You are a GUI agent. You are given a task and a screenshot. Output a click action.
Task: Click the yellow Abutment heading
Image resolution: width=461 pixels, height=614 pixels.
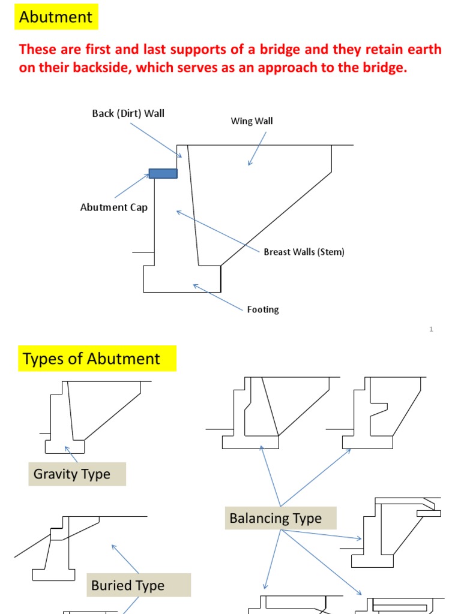click(56, 17)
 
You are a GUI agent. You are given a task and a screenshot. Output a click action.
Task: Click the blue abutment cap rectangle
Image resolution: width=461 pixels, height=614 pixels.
click(163, 173)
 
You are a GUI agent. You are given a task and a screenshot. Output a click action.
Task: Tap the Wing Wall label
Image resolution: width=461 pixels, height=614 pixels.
click(252, 121)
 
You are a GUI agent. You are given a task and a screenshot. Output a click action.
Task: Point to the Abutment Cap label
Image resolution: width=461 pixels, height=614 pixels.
click(114, 207)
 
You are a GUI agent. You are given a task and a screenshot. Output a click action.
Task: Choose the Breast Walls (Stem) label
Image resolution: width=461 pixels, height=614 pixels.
click(304, 252)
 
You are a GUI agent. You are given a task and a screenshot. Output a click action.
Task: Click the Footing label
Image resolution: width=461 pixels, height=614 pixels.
click(263, 309)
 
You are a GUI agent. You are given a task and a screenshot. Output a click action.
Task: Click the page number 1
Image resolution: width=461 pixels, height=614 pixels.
click(432, 329)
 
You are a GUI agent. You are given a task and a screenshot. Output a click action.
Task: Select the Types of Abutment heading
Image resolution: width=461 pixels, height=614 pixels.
click(91, 359)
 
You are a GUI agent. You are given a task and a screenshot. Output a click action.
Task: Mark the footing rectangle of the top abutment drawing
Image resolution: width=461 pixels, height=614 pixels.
click(182, 279)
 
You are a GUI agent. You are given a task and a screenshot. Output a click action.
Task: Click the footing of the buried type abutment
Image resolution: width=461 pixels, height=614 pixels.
click(53, 574)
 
